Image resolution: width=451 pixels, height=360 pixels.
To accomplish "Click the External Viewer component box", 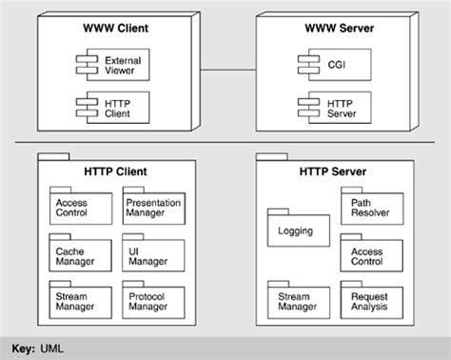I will point(110,65).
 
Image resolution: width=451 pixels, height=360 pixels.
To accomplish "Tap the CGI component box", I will point(333,65).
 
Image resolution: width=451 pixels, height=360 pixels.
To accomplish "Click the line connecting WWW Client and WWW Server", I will point(221,70).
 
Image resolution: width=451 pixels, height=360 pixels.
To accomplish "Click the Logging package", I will point(297,231).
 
